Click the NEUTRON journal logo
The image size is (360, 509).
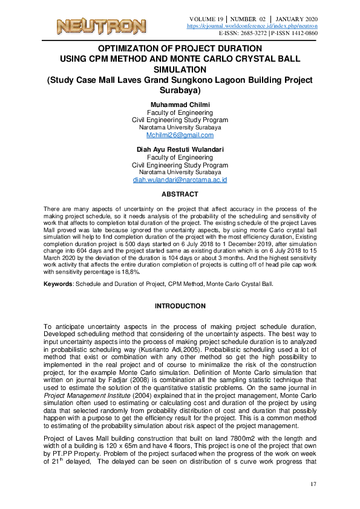[101, 26]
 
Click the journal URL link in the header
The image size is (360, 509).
[252, 26]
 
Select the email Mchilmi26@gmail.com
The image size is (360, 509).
[180, 135]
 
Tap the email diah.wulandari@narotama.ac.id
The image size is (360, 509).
[180, 180]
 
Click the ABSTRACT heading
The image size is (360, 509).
[180, 194]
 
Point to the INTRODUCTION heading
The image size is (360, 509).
[180, 306]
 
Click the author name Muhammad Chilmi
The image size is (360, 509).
[180, 105]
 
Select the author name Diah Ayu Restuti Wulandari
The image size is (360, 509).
[180, 149]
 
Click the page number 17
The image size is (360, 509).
[313, 484]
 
